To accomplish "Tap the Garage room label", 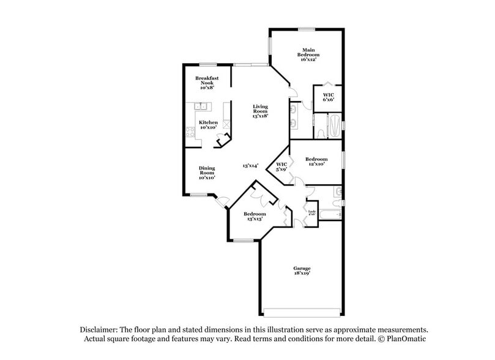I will click(301, 271).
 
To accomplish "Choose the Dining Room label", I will click(206, 173).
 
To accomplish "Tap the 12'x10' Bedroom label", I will click(316, 162).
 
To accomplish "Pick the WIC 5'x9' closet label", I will click(282, 167).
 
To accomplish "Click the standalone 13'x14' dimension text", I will click(250, 165).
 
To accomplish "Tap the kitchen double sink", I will click(202, 108).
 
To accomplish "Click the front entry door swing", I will click(224, 201).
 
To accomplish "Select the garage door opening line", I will click(302, 309).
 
